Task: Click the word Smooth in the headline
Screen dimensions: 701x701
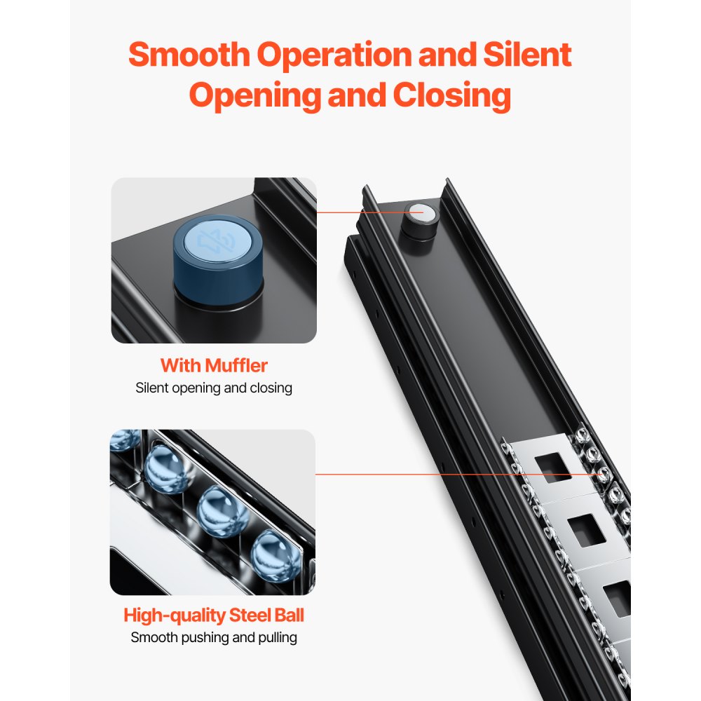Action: coord(189,55)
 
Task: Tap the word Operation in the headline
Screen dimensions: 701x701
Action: coord(334,55)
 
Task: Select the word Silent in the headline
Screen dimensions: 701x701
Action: coord(527,55)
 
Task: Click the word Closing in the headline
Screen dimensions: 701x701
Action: coord(451,96)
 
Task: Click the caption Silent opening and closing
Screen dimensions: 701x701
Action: coord(214,388)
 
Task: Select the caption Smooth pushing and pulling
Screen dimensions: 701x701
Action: coord(214,637)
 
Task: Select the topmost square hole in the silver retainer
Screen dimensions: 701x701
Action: coord(553,467)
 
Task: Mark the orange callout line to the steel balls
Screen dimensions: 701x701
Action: coord(459,475)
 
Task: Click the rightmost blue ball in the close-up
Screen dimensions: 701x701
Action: coord(272,556)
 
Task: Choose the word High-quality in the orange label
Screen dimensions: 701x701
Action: coord(175,615)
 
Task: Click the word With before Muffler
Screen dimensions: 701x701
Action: coord(181,366)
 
